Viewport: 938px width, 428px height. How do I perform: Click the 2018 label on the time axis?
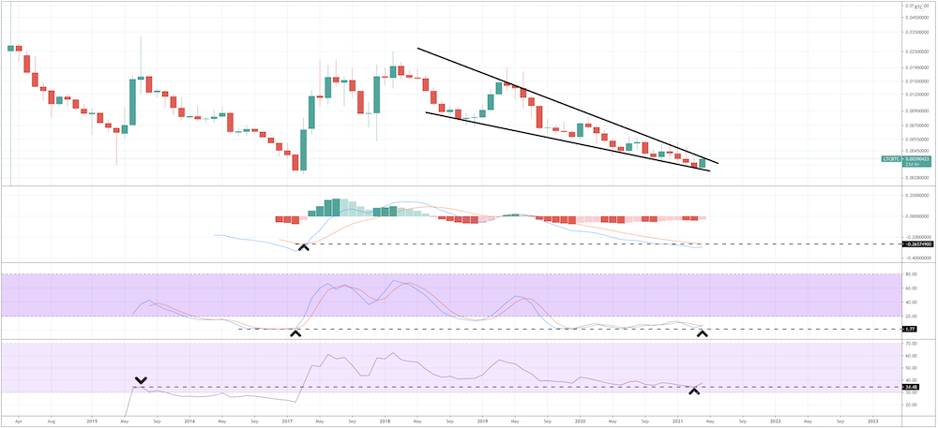pos(385,421)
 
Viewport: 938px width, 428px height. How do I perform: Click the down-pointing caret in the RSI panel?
pos(141,380)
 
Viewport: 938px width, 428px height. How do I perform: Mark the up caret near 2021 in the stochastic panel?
pos(702,333)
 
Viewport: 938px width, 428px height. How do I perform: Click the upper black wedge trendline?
pos(563,104)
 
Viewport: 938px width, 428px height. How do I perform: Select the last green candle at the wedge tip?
pos(702,163)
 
